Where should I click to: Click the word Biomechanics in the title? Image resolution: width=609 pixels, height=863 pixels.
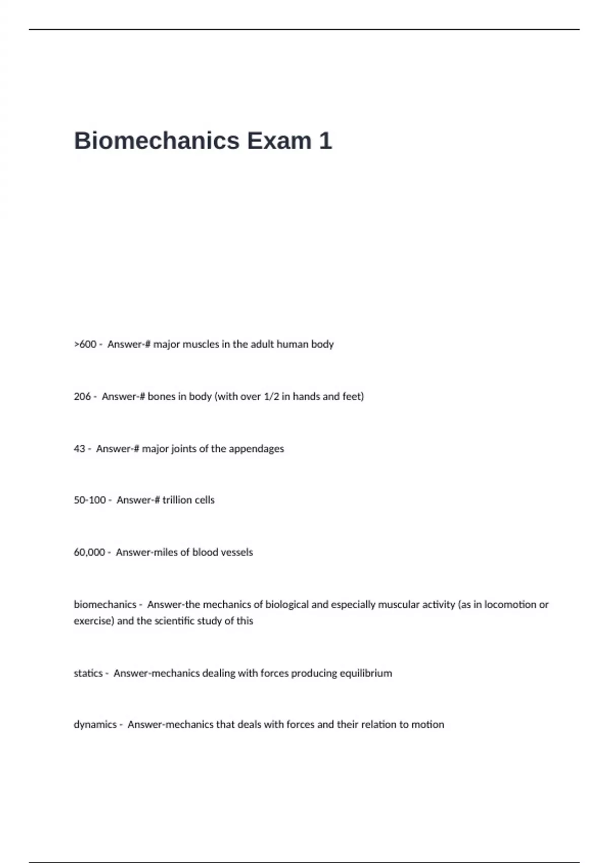(x=156, y=141)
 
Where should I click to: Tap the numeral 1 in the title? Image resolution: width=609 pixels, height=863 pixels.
(x=325, y=141)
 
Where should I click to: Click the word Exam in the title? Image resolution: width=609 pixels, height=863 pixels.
(x=279, y=141)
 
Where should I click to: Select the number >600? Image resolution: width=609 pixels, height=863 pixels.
(x=85, y=344)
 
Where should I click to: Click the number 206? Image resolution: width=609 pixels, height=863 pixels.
(x=82, y=396)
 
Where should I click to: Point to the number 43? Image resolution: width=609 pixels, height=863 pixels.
(x=79, y=449)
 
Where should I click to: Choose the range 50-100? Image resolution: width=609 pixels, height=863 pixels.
(x=89, y=500)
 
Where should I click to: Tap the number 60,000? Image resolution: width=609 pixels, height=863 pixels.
(x=89, y=552)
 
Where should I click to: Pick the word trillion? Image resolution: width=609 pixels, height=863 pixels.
(x=181, y=500)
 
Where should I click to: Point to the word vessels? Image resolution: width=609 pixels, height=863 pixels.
(x=237, y=552)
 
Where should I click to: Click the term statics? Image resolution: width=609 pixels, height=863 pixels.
(x=88, y=673)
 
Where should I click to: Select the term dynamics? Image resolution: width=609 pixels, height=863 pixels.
(x=95, y=724)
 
